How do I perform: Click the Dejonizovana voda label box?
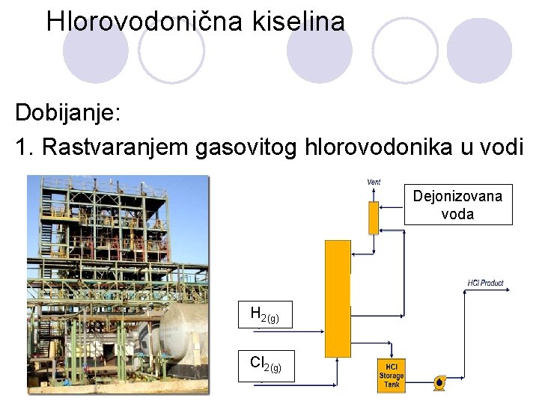458,204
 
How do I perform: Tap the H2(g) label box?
266,316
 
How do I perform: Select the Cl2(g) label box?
266,366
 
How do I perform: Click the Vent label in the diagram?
374,182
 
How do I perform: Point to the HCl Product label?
485,283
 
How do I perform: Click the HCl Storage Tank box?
391,375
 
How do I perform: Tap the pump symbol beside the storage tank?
439,383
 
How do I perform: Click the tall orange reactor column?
338,298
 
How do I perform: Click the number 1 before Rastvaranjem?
22,147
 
